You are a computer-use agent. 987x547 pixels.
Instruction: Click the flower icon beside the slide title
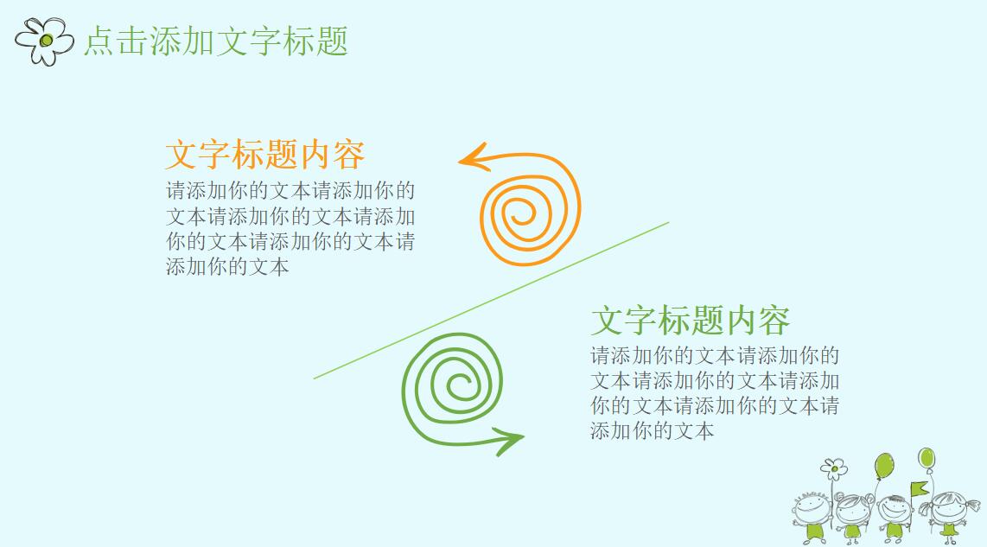coord(45,40)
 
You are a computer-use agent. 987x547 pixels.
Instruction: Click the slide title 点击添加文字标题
coord(215,41)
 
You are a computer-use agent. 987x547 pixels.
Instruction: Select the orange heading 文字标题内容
coord(264,155)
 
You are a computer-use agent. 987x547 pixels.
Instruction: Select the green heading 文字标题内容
coord(690,320)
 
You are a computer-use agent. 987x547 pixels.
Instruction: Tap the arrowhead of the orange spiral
coord(471,158)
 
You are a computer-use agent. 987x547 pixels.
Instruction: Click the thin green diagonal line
coord(491,300)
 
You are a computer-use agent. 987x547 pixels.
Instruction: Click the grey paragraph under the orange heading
coord(290,228)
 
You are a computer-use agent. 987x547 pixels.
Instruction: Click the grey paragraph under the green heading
coord(715,393)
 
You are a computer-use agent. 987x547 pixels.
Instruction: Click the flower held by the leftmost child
coord(834,469)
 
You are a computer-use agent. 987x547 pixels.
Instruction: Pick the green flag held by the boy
coord(919,488)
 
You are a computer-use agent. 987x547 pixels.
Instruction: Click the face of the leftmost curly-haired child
coord(811,507)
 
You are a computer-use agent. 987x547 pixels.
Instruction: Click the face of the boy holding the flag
coord(895,511)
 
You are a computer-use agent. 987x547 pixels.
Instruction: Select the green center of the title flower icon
coord(46,40)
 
